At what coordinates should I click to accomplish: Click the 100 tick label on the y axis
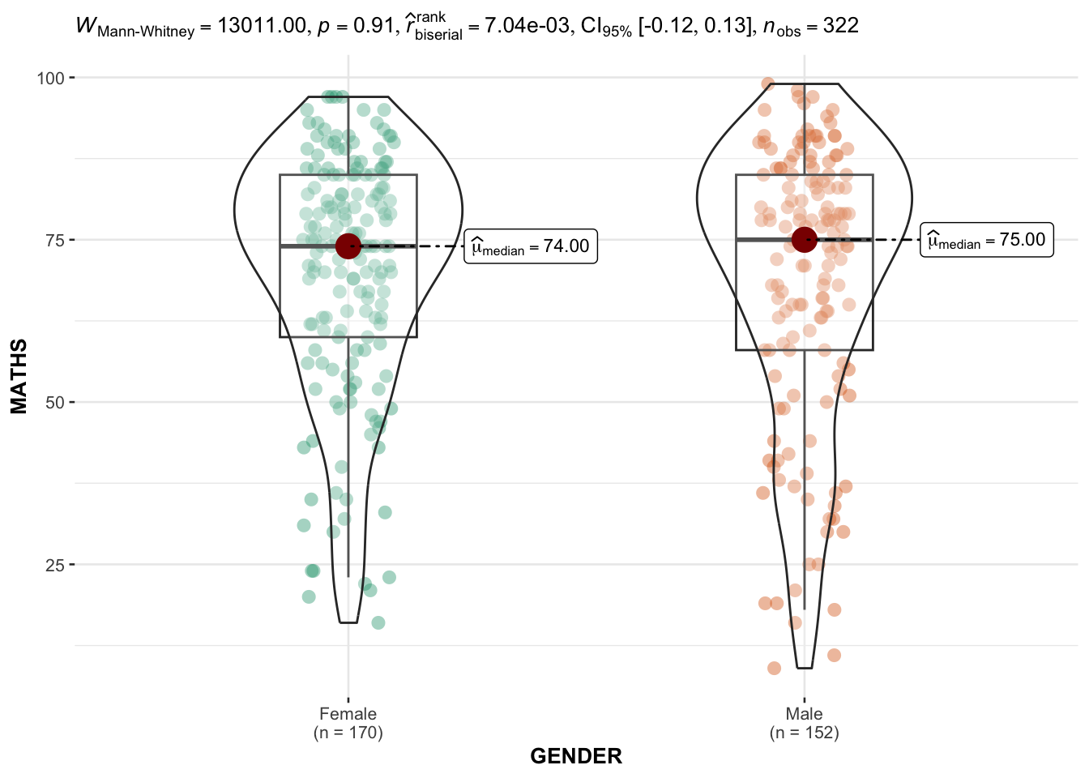[49, 78]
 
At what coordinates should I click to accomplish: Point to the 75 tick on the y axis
[54, 240]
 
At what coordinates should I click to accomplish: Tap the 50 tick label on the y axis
[54, 402]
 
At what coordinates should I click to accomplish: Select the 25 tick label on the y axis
[54, 564]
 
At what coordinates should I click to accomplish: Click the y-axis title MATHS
[19, 376]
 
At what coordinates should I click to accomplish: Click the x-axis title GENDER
[576, 756]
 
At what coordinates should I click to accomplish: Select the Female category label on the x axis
[348, 714]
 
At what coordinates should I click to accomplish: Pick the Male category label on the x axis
[804, 714]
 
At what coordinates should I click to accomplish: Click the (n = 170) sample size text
[348, 733]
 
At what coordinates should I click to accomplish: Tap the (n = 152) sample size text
[804, 733]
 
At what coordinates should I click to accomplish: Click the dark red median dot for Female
[348, 246]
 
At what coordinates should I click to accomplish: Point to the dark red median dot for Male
[804, 240]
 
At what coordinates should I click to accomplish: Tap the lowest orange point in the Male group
[774, 668]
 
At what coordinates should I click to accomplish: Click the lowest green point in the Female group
[378, 622]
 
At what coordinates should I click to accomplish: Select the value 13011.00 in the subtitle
[262, 26]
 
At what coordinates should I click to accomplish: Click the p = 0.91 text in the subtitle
[356, 26]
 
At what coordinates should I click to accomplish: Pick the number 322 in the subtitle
[840, 26]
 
